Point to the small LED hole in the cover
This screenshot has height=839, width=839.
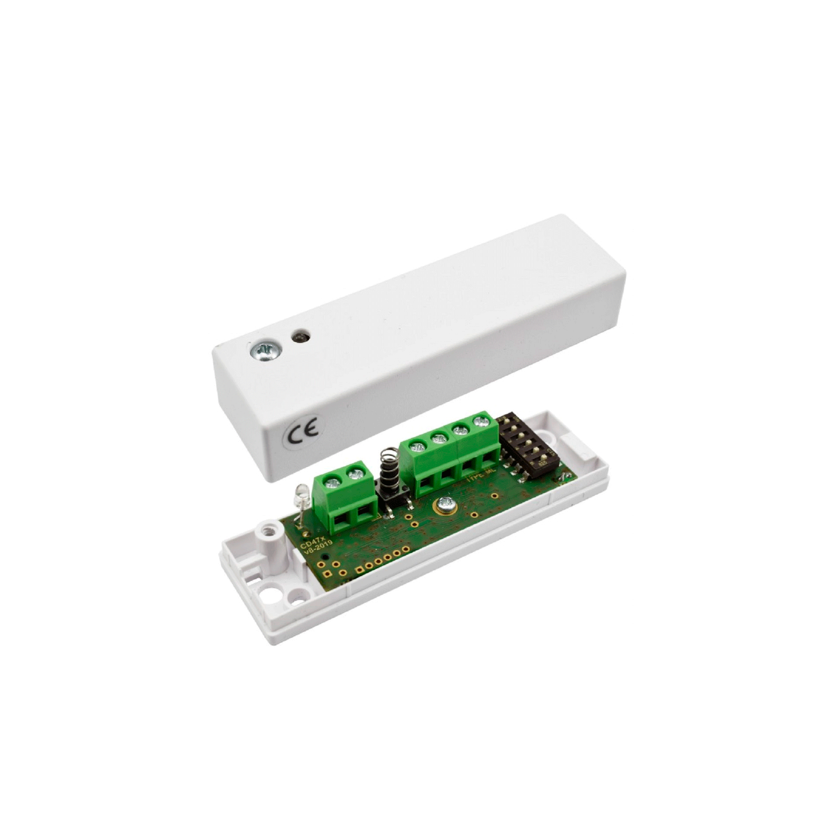[300, 337]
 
